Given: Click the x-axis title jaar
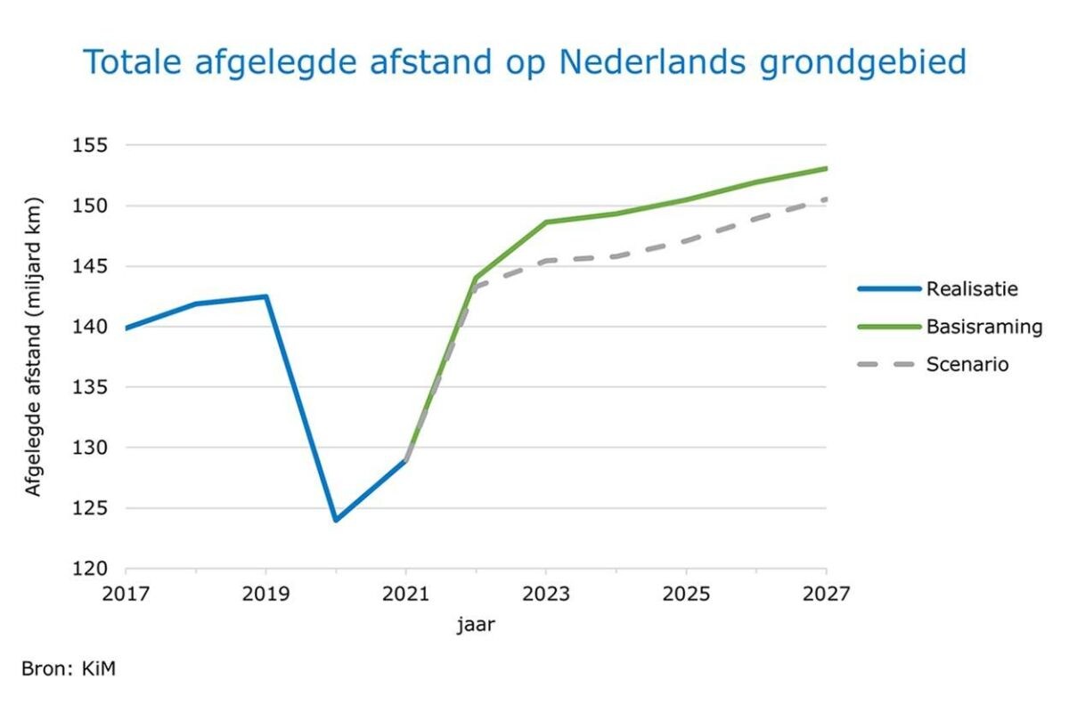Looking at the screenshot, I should (476, 625).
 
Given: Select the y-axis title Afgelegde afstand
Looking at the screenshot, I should (33, 356).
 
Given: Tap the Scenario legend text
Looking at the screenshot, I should (967, 364).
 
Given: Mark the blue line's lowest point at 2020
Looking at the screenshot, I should (336, 520).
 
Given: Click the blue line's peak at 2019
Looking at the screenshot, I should (265, 296).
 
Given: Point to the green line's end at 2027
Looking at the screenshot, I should (826, 168).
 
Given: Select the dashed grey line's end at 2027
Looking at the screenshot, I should (826, 198).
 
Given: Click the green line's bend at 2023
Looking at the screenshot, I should (546, 222).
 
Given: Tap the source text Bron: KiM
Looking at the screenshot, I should (69, 667).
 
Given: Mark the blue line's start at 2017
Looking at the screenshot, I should (126, 328).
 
